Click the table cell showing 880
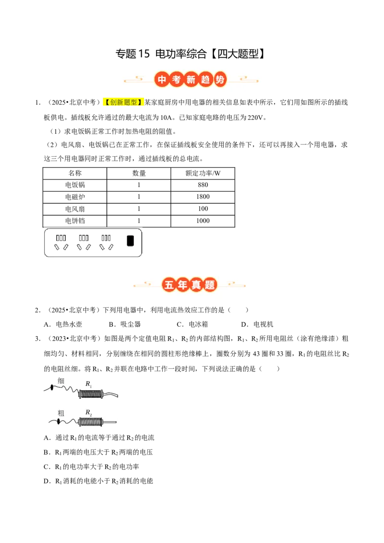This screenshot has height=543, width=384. pos(203,185)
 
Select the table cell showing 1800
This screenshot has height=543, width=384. pos(203,197)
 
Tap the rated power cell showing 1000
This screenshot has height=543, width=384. pos(203,221)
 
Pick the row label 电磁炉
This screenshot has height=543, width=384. pos(75,197)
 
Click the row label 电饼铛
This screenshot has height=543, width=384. pos(75,221)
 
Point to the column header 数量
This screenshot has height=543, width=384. pos(139,173)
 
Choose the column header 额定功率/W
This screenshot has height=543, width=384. pos(203,173)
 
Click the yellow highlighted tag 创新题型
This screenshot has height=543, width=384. pos(123,102)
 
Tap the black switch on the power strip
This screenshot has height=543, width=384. pos(130,241)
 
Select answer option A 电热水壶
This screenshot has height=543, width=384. pos(63,324)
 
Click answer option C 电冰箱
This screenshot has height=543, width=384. pos(192,324)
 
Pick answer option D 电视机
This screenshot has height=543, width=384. pos(257,324)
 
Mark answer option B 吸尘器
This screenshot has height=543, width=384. pos(125,324)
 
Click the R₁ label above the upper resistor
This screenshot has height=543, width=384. pos(89,384)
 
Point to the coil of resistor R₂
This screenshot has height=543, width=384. pos(91,422)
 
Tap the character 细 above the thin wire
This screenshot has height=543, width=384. pos(61,381)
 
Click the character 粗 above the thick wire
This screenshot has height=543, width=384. pos(61,413)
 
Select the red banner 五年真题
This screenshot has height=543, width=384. pos(190,284)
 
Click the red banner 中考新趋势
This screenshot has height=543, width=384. pos(191,80)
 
